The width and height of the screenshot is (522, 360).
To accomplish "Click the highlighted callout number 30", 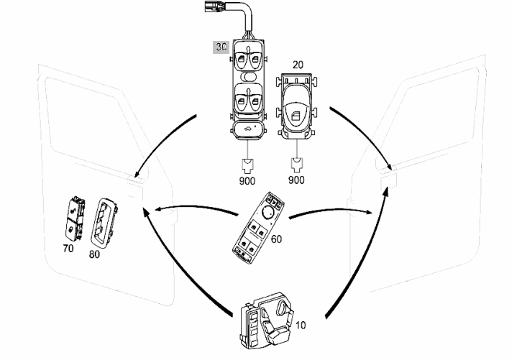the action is (x=221, y=47).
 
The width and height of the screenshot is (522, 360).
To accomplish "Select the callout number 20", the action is (x=298, y=65).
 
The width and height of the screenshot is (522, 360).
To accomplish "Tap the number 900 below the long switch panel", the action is (x=247, y=181).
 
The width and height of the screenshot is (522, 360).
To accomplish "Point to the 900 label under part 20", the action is (x=296, y=180).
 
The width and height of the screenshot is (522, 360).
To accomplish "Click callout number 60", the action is (x=276, y=239).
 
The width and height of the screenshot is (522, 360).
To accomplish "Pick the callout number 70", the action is (x=68, y=248).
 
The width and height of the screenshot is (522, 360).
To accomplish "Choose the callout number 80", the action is (x=94, y=254).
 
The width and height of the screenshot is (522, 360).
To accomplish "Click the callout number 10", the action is (x=301, y=325).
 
